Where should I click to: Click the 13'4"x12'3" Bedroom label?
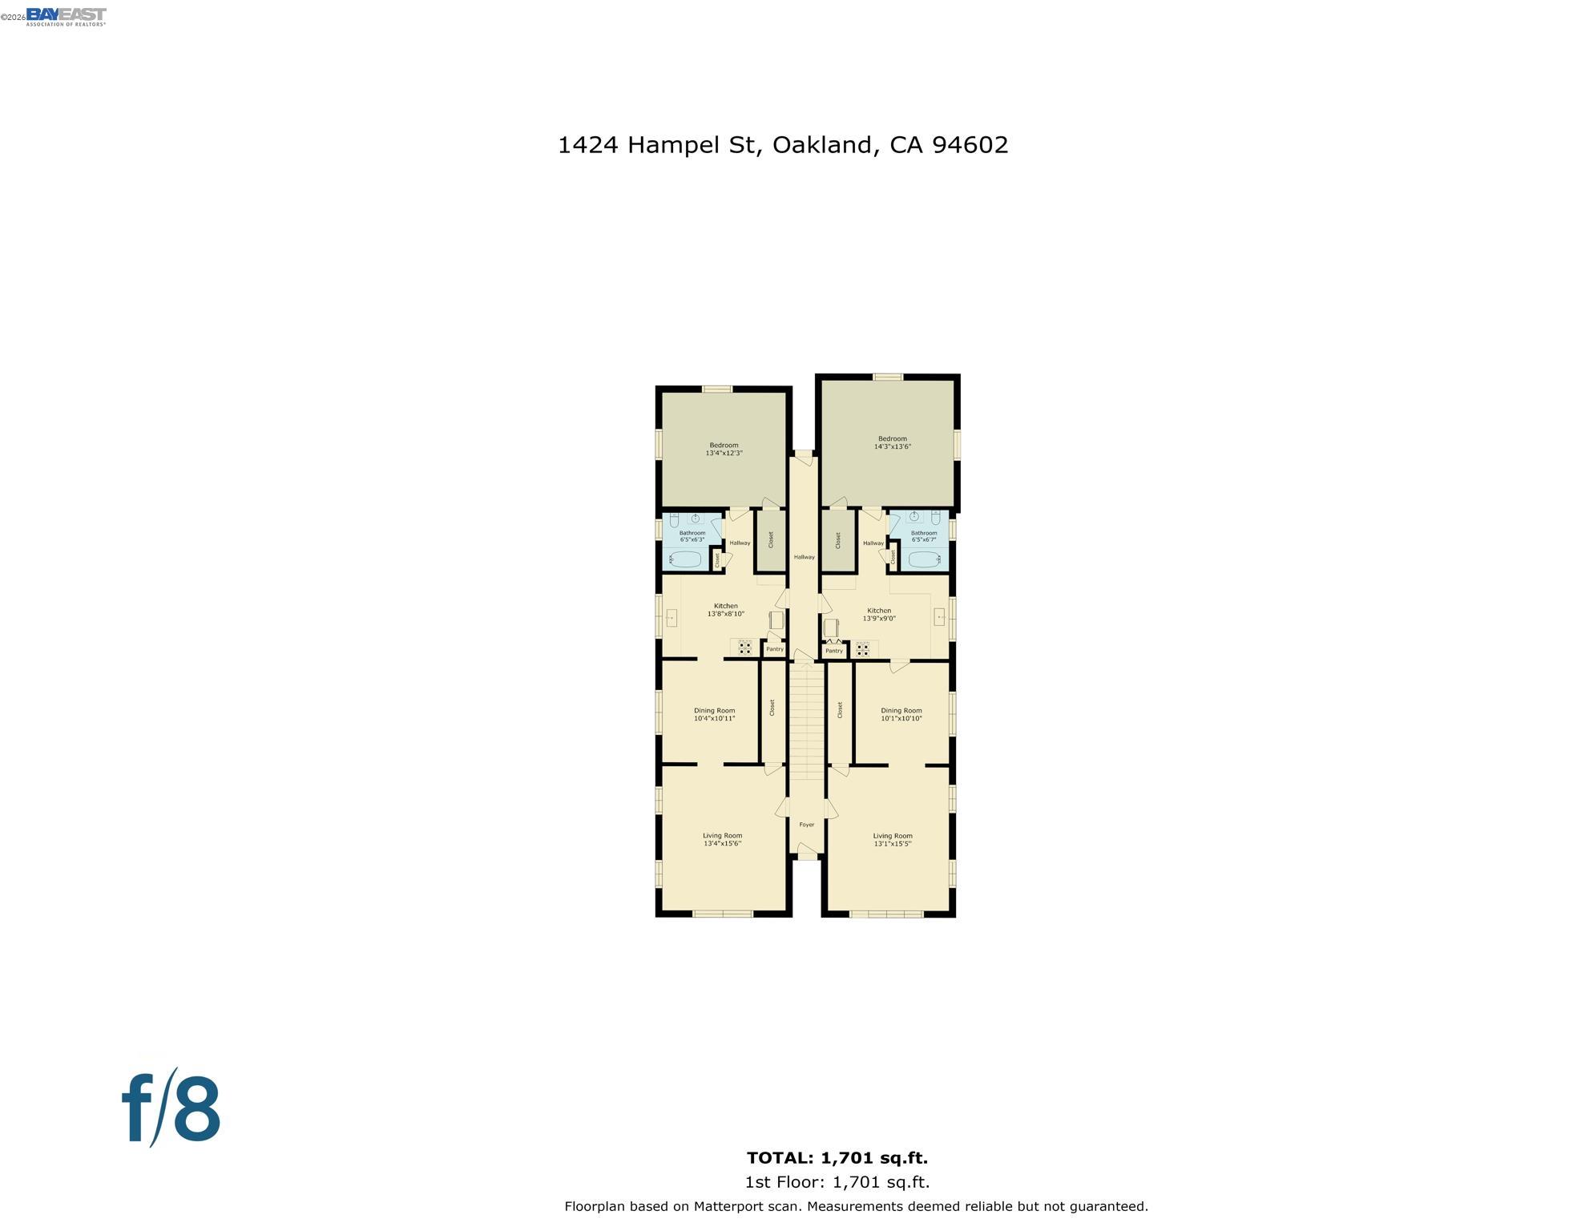coord(724,450)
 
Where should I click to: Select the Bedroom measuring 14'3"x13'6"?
coord(892,443)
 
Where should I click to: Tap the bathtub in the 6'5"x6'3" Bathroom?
coord(685,559)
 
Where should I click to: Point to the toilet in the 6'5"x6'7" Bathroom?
coord(935,517)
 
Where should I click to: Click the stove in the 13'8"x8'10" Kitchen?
coord(745,647)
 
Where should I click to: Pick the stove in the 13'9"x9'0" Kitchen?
coord(863,648)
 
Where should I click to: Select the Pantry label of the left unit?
coord(774,650)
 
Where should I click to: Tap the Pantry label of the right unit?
coord(834,651)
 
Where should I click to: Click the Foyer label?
coord(806,825)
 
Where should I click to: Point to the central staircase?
coord(806,721)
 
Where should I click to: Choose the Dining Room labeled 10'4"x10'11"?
coord(714,715)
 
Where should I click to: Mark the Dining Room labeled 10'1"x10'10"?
coord(901,715)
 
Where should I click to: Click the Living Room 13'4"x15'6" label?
coord(722,840)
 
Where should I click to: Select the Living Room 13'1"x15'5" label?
coord(892,840)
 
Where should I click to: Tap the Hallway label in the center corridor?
coord(804,557)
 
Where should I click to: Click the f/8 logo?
coord(171,1109)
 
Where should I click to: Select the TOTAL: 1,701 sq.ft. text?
coord(837,1158)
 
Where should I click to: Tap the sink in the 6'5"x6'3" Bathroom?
coord(695,519)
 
